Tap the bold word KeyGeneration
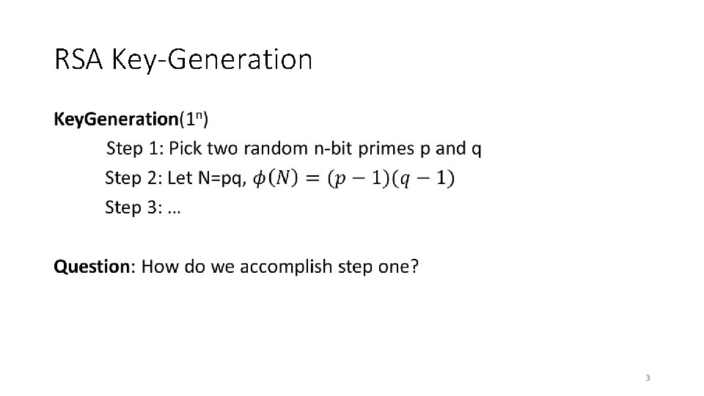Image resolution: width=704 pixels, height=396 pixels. (116, 118)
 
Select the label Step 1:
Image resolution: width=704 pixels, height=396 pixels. (135, 149)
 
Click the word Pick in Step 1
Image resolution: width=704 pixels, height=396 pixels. (186, 149)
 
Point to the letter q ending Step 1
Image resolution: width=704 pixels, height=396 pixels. (477, 150)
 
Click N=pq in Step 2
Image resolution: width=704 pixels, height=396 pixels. (223, 178)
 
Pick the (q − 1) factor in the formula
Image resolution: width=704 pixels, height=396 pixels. (424, 178)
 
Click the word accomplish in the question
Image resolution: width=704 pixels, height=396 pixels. (287, 267)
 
